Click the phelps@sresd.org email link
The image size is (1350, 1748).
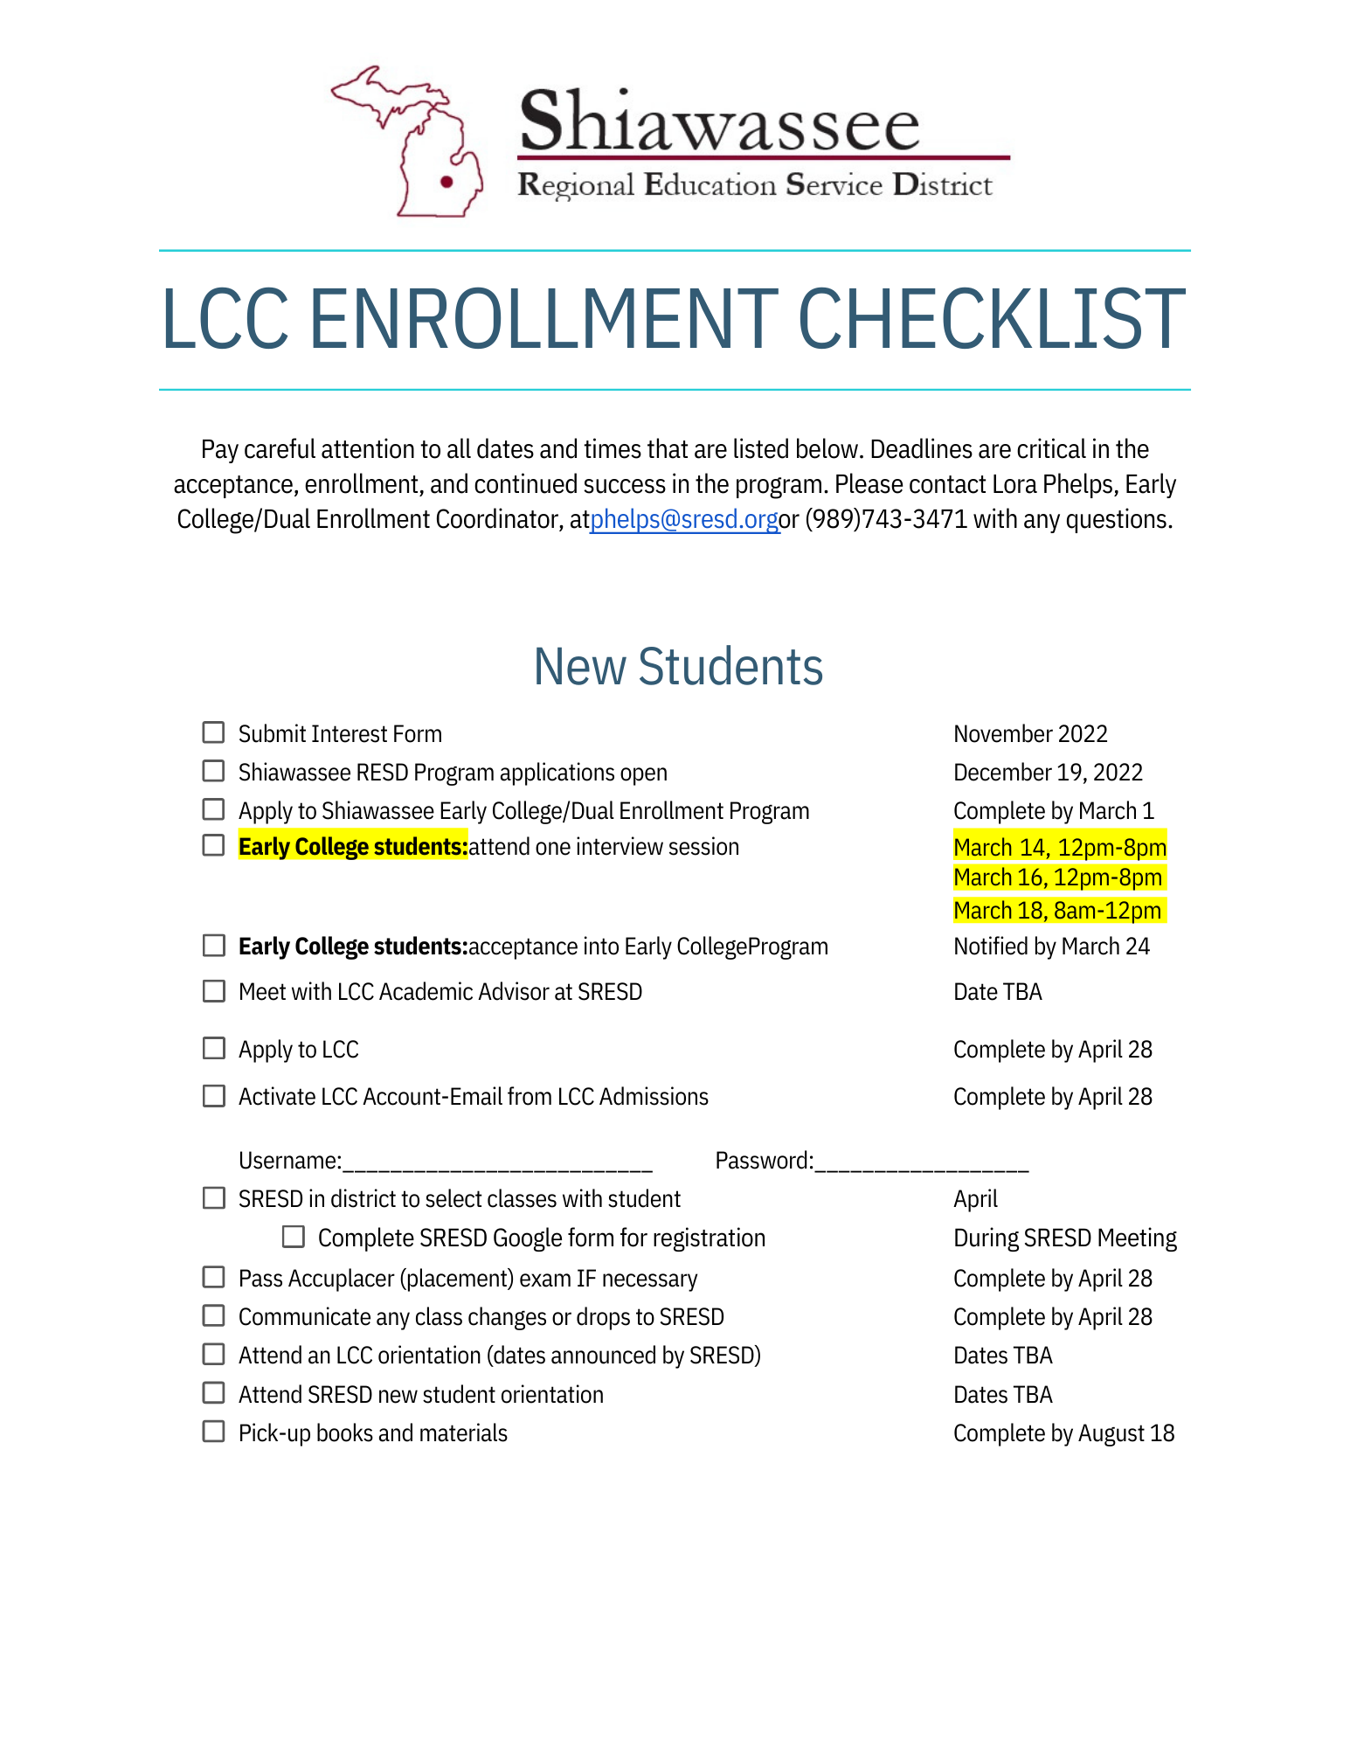click(x=684, y=520)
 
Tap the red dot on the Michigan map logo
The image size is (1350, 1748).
click(x=447, y=182)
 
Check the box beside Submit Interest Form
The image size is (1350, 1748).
click(x=213, y=732)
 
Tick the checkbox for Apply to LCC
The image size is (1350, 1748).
click(x=213, y=1048)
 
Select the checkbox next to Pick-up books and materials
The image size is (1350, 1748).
click(x=213, y=1432)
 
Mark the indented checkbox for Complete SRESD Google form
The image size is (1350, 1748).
click(x=294, y=1237)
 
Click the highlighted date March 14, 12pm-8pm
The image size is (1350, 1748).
click(x=1060, y=847)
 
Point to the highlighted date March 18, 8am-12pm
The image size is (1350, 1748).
click(x=1057, y=911)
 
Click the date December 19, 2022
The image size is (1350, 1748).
click(x=1048, y=773)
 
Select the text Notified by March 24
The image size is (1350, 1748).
click(x=1051, y=947)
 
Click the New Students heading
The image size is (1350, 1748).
click(x=678, y=667)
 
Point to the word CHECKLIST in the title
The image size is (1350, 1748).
click(x=991, y=319)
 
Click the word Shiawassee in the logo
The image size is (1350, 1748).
click(x=719, y=121)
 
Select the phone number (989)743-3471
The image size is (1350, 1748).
click(x=885, y=520)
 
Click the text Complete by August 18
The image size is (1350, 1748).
click(x=1063, y=1433)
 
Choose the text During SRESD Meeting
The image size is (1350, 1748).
click(x=1064, y=1238)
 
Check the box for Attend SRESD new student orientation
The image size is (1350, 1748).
click(x=213, y=1393)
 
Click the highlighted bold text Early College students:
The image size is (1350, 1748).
click(x=353, y=847)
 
